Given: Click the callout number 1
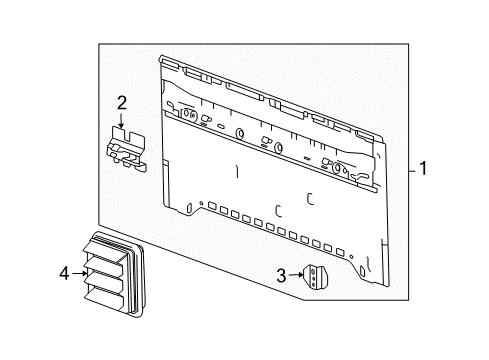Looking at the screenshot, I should click(x=423, y=169).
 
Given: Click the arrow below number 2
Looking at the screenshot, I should click(x=122, y=122).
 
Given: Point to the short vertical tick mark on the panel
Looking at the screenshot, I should click(x=236, y=171).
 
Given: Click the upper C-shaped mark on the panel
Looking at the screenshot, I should click(x=311, y=198).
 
